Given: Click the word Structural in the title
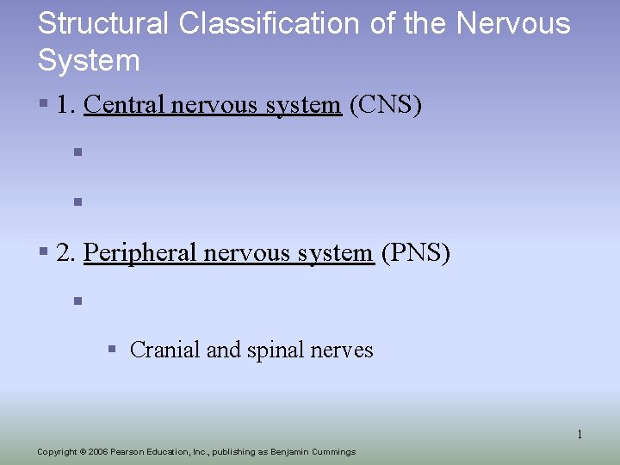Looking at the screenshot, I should (x=103, y=23).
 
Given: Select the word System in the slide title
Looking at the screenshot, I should (x=89, y=60).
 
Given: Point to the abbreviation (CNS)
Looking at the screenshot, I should (x=386, y=105).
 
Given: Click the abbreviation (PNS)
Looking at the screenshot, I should (x=415, y=253).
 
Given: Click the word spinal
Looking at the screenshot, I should (x=276, y=350).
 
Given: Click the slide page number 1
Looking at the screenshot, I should (x=580, y=434).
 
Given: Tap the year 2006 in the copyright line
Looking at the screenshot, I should (x=97, y=452).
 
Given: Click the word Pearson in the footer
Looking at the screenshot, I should (x=128, y=452).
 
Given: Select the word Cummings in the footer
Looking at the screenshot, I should (x=332, y=452).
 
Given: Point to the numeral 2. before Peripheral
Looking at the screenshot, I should (x=65, y=253).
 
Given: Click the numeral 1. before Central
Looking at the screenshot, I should (x=65, y=105).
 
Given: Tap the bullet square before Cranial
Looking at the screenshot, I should (x=111, y=350).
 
